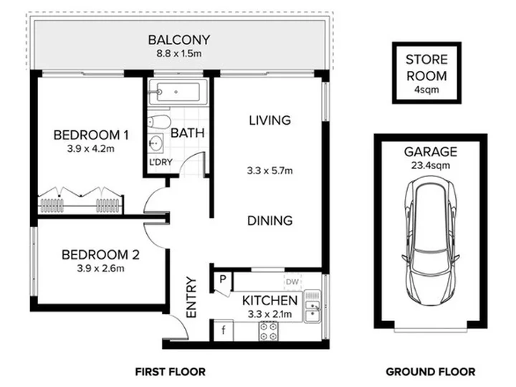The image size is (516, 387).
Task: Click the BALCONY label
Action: (x=178, y=40)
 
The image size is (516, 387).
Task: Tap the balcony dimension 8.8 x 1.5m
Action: (x=178, y=54)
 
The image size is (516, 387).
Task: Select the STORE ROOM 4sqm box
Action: (x=426, y=72)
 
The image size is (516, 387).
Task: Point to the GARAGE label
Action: (x=431, y=152)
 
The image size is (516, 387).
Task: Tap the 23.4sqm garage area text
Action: (x=431, y=166)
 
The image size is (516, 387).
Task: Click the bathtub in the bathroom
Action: (x=178, y=92)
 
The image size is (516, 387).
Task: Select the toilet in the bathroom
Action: (x=158, y=122)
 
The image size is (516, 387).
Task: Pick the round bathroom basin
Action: (x=156, y=143)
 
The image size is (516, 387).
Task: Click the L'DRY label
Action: (x=161, y=162)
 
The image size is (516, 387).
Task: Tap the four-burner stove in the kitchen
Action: (x=268, y=331)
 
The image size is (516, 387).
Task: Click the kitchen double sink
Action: (x=312, y=306)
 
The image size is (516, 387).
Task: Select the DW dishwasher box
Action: (x=292, y=282)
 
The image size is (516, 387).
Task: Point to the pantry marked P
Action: (x=223, y=279)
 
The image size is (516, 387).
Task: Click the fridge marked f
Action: (x=224, y=330)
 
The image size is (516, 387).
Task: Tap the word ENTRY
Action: (x=191, y=297)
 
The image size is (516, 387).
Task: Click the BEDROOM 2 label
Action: (x=100, y=254)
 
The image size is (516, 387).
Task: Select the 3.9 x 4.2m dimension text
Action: (x=91, y=149)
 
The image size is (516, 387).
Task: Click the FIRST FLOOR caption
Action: (x=170, y=372)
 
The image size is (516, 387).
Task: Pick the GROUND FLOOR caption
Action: (x=431, y=372)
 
